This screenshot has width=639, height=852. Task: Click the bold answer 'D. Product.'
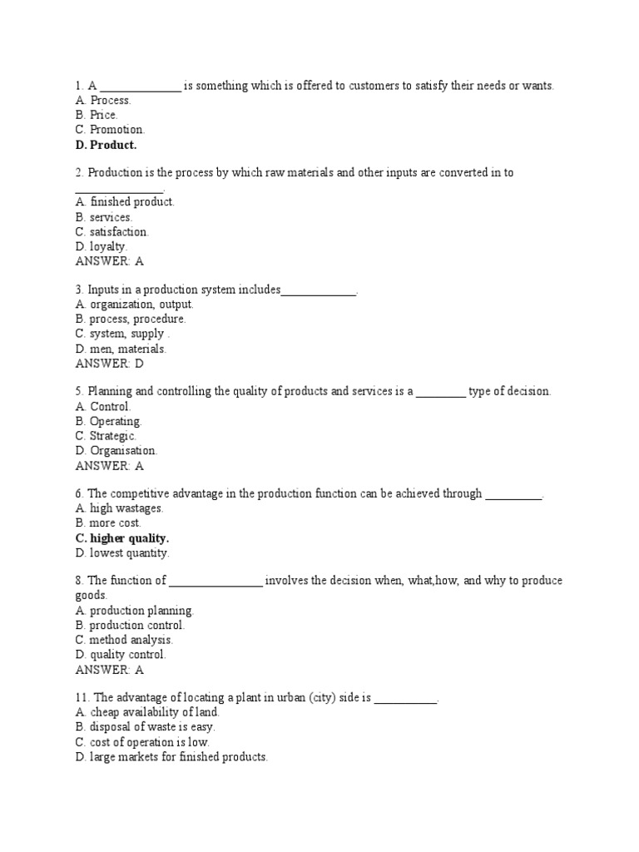(106, 145)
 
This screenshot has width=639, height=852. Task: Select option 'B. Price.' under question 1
(97, 115)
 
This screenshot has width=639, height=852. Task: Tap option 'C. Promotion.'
(110, 130)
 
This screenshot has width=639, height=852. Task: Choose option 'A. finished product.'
(125, 202)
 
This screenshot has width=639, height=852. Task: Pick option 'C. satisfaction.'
(112, 232)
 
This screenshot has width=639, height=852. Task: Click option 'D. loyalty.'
(102, 247)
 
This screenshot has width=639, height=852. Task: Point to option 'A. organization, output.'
(134, 305)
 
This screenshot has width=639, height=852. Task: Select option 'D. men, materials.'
(121, 349)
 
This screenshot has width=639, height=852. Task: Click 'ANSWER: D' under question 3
(110, 364)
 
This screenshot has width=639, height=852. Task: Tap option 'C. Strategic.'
(106, 436)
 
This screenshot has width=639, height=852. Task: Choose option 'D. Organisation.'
(116, 451)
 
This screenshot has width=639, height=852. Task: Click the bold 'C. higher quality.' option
(121, 538)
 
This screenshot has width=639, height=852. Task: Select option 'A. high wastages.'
(119, 508)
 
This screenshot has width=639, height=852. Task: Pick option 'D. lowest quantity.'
(121, 553)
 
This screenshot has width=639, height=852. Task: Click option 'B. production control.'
(130, 626)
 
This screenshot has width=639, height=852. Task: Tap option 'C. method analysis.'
(124, 641)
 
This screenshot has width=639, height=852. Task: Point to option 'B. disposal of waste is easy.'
(145, 728)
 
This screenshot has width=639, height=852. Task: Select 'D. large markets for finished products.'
(171, 758)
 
